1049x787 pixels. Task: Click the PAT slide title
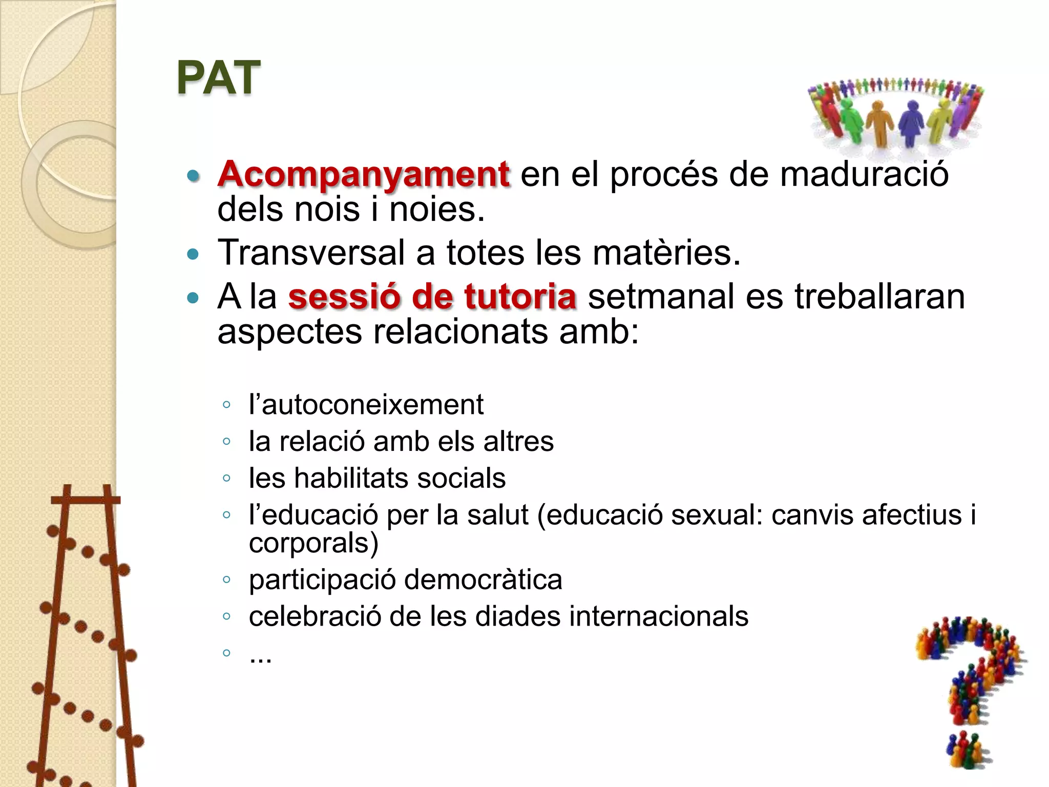[x=219, y=78]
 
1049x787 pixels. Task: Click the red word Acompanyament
[x=364, y=174]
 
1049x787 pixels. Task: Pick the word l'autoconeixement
[x=366, y=405]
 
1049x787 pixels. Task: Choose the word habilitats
[x=351, y=478]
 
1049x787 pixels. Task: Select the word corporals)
[x=313, y=543]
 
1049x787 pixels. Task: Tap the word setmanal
[x=661, y=297]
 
